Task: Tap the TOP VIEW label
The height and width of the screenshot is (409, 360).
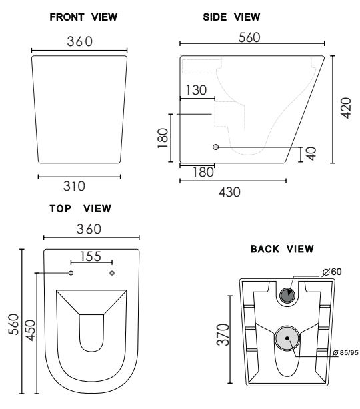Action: (x=80, y=208)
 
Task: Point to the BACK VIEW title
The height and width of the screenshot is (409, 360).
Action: (x=282, y=249)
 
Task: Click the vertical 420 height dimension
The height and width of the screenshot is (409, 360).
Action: (x=345, y=107)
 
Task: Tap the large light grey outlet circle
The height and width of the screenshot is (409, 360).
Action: (x=288, y=338)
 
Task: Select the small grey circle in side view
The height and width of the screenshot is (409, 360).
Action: (x=215, y=147)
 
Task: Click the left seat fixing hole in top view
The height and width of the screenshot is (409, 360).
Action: (x=71, y=273)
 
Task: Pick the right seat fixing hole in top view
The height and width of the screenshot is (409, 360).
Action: (x=112, y=273)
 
